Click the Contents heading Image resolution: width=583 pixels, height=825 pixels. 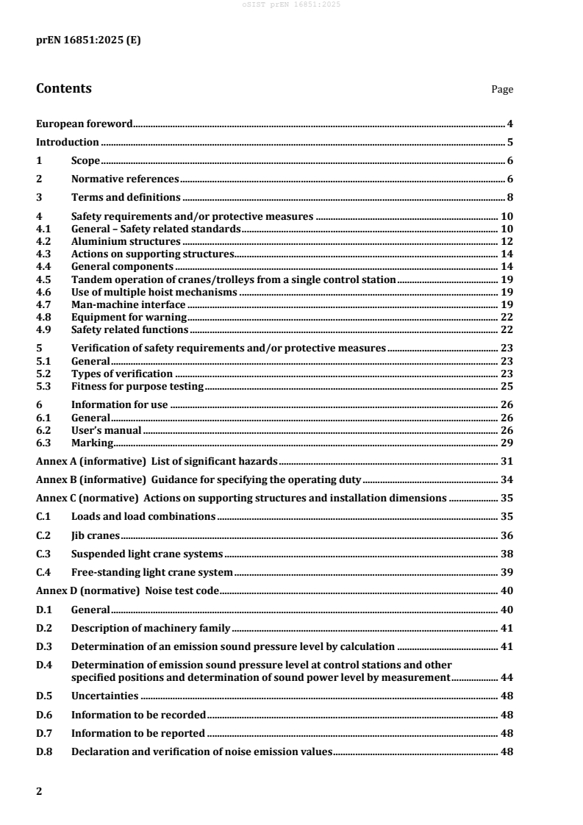64,89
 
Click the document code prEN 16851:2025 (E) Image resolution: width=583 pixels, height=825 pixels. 88,40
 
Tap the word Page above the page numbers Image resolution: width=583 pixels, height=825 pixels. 502,90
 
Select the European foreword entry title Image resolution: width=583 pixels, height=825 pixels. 85,124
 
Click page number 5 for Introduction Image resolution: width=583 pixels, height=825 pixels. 509,143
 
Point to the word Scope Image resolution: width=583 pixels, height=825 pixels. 85,161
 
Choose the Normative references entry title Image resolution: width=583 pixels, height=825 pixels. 125,179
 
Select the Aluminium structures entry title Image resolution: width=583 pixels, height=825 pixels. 126,241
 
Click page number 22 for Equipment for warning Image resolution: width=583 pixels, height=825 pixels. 507,317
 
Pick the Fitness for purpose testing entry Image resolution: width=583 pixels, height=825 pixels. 137,386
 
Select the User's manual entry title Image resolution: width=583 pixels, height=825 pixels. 106,430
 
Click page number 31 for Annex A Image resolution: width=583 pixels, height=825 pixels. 507,462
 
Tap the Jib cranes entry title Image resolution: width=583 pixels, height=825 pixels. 96,535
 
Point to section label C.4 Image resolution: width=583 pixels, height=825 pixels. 43,572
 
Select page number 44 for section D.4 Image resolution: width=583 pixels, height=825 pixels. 507,677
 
